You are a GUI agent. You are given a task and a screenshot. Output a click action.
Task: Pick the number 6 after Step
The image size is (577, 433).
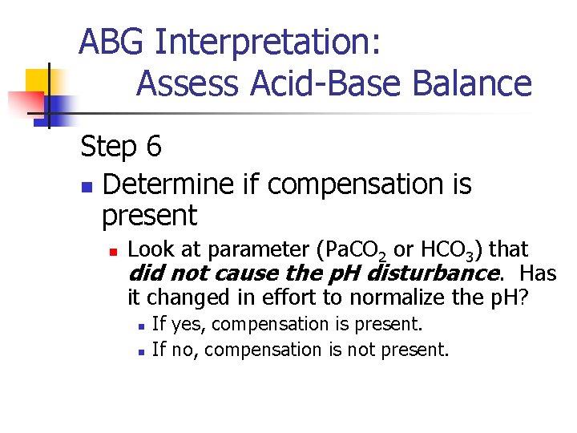click(x=153, y=146)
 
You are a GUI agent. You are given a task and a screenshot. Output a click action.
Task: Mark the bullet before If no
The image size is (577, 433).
click(x=140, y=351)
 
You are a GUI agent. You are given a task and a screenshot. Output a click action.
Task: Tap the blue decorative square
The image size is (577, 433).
click(x=58, y=105)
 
